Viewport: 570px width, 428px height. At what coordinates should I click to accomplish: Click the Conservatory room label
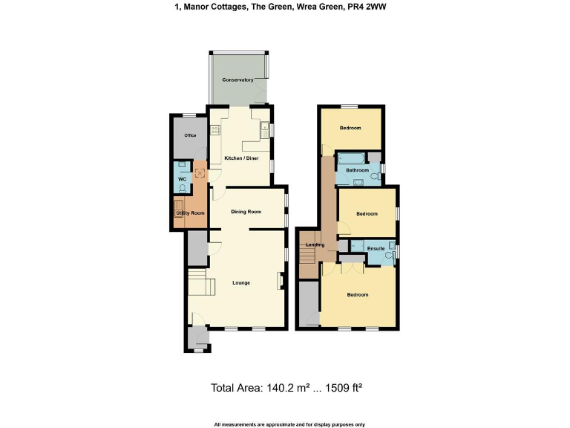point(237,80)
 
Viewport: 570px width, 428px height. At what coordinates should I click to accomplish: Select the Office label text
point(190,136)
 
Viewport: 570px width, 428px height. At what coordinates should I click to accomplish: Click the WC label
point(180,179)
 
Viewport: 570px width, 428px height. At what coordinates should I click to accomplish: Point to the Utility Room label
point(189,213)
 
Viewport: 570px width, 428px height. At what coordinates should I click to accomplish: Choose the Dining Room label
point(246,212)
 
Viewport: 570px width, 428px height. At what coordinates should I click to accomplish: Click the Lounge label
point(240,282)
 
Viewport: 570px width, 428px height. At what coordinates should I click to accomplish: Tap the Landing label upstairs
point(315,245)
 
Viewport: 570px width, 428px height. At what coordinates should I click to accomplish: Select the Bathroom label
point(357,170)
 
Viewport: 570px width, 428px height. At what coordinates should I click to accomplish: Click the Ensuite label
point(375,249)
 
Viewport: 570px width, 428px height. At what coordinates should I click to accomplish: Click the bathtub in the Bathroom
point(350,158)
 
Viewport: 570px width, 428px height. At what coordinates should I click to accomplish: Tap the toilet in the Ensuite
point(392,254)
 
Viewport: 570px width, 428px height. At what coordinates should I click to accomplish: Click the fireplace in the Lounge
point(280,281)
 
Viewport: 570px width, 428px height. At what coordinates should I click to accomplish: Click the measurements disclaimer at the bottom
point(289,424)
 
